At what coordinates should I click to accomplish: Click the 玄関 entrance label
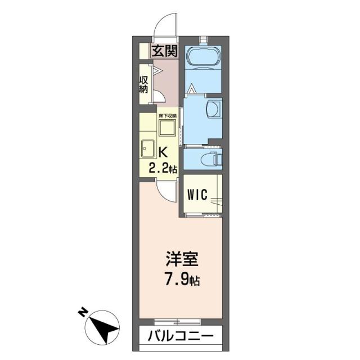pyautogui.click(x=165, y=51)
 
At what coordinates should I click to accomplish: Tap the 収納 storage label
pyautogui.click(x=144, y=84)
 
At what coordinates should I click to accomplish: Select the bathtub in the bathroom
pyautogui.click(x=203, y=58)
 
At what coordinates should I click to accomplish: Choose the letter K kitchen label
pyautogui.click(x=163, y=152)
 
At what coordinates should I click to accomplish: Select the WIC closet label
pyautogui.click(x=198, y=195)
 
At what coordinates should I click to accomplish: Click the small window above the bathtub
pyautogui.click(x=203, y=39)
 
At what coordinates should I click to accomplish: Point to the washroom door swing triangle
pyautogui.click(x=192, y=88)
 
